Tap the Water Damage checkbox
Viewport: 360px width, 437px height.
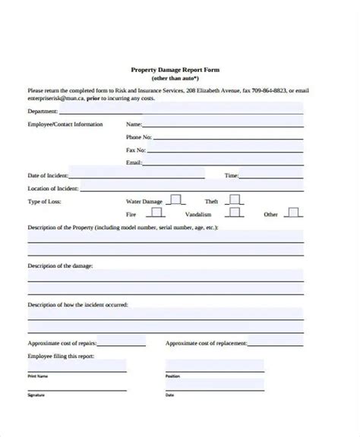pos(175,200)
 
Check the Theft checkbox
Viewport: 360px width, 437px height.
pos(234,200)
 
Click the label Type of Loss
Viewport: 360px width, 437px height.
pos(44,202)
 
